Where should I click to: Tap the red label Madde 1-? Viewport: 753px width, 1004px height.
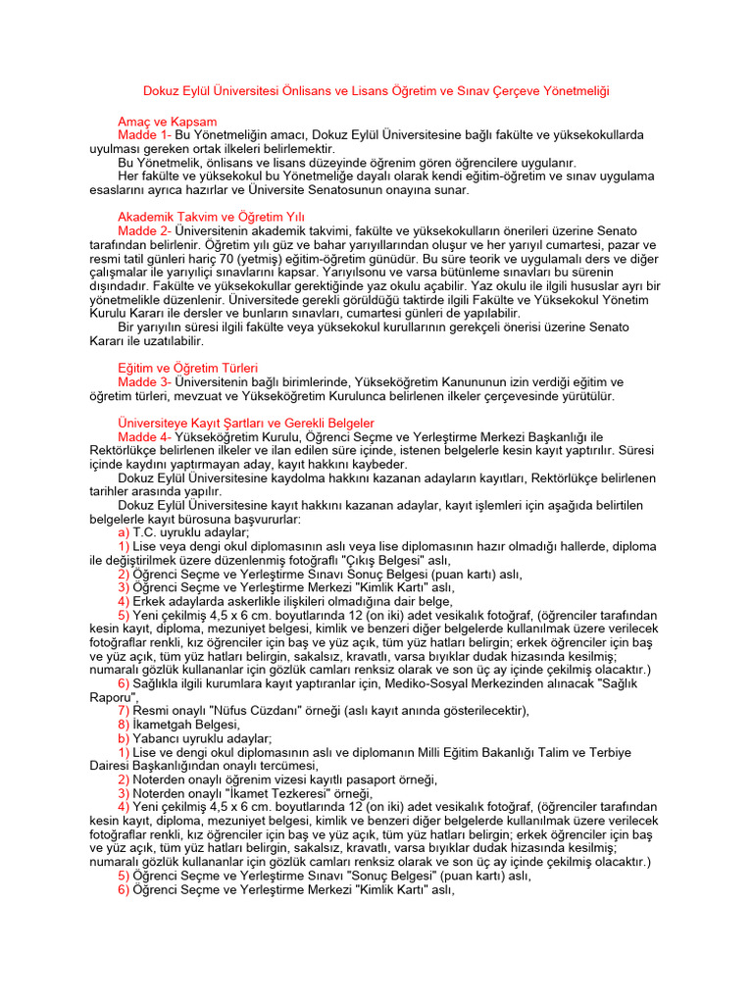tap(145, 134)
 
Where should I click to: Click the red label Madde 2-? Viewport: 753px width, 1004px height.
tap(145, 229)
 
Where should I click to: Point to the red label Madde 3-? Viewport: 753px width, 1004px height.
tap(145, 381)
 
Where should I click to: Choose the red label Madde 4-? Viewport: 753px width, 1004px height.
tap(145, 436)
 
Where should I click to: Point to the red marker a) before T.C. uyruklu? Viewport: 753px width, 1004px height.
tap(124, 531)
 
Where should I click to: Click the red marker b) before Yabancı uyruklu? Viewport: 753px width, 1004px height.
tap(124, 737)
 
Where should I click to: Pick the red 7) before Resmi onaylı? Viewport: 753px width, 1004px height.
tap(124, 710)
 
